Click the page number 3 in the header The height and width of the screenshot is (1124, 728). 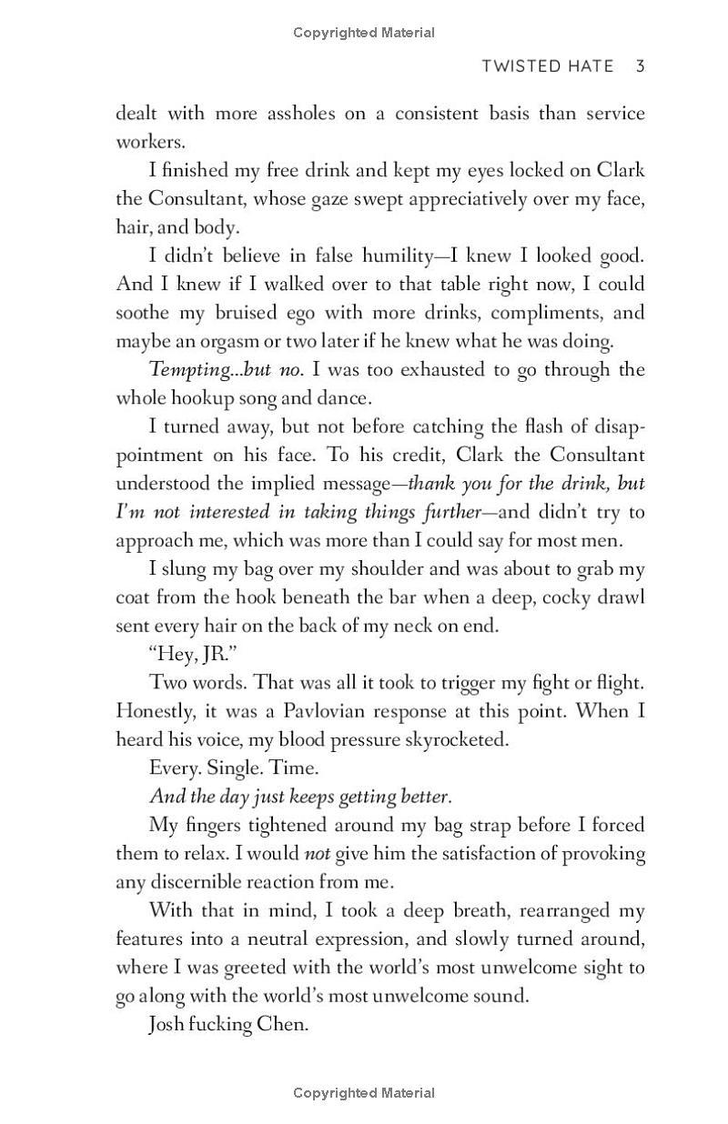point(641,66)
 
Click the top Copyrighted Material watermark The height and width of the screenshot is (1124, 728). point(364,33)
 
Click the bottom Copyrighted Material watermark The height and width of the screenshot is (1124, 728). point(364,1093)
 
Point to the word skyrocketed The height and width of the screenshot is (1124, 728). point(451,738)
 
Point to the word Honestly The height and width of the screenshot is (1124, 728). point(155,710)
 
